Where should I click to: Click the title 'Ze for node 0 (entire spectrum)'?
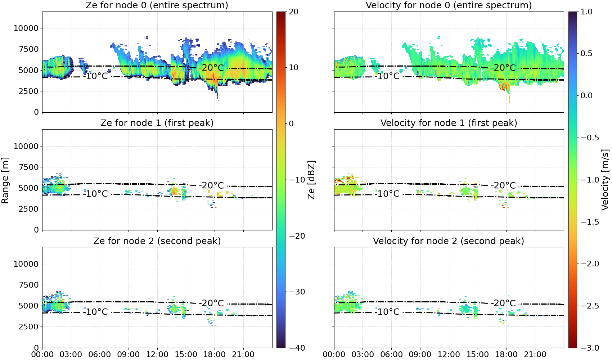pos(157,5)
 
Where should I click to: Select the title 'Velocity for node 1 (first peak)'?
pos(449,123)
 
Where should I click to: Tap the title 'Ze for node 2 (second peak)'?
pos(157,241)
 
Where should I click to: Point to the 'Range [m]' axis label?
pos(5,180)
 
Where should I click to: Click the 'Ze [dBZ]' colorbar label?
pos(311,180)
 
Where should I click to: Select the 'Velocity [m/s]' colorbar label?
pos(605,180)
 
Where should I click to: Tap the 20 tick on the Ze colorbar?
pos(293,12)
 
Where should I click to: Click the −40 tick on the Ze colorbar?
pos(297,348)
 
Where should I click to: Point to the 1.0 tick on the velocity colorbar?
pos(586,12)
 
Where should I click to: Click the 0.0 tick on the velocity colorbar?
pos(586,96)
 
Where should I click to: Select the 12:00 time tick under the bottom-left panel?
pos(157,355)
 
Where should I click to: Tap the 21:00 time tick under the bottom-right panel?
pos(535,355)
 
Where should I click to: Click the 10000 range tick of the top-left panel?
pos(26,28)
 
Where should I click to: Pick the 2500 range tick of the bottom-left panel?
pos(28,327)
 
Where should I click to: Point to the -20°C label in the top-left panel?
pos(211,68)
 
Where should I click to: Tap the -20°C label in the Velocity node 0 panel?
pos(503,68)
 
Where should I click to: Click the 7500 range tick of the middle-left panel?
pos(28,167)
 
